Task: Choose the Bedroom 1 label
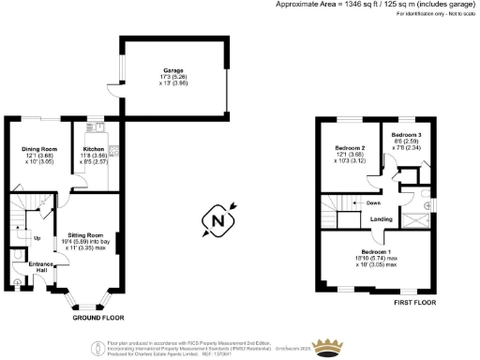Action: click(x=376, y=253)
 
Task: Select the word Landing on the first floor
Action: click(x=381, y=219)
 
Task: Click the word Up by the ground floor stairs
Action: click(x=37, y=238)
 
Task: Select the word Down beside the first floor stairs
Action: click(x=373, y=202)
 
